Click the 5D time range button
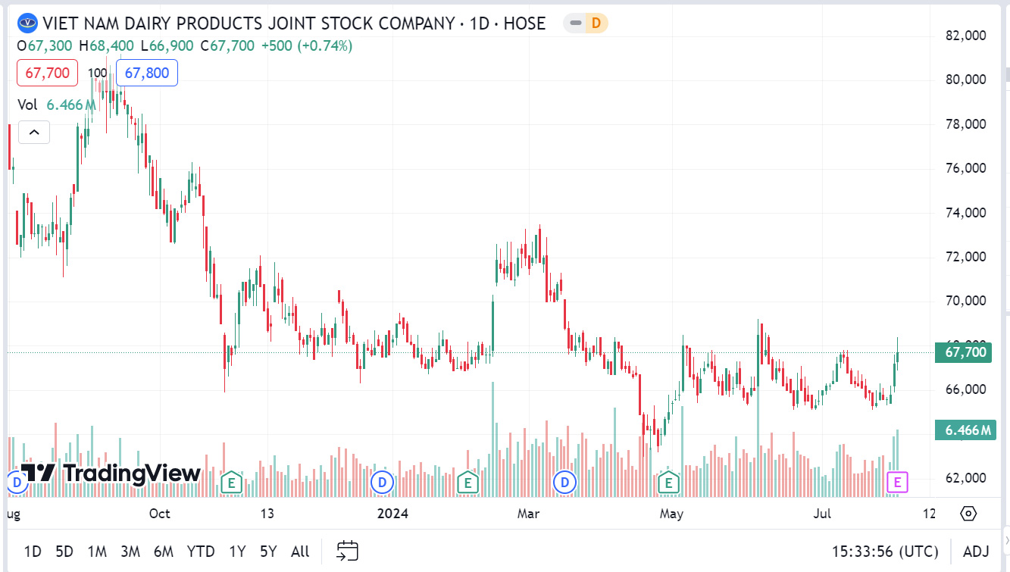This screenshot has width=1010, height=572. (x=64, y=551)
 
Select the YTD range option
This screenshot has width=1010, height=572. (x=201, y=551)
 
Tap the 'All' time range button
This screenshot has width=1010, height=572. (x=300, y=551)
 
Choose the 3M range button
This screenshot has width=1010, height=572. (x=130, y=551)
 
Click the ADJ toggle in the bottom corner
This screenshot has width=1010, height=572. (x=976, y=551)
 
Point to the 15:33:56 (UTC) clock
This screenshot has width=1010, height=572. (x=885, y=551)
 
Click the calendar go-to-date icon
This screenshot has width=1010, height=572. (x=347, y=551)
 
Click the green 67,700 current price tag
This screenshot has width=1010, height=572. (x=962, y=352)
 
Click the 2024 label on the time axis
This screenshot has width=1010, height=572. (x=392, y=514)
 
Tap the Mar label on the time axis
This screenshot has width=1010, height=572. (x=528, y=514)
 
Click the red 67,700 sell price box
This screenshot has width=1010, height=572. (x=47, y=73)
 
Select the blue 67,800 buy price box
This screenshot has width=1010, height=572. (x=147, y=73)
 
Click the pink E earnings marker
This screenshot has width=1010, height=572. (x=898, y=481)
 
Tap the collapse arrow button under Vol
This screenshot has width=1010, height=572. (x=34, y=133)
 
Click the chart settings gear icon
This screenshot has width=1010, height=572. (x=968, y=514)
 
